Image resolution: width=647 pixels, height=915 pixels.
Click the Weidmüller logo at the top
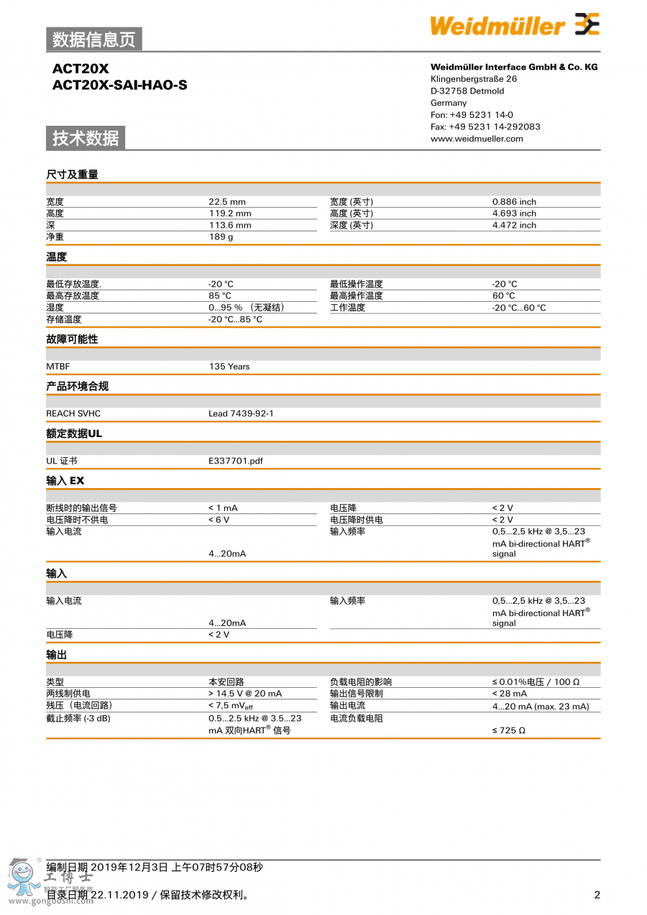pyautogui.click(x=514, y=25)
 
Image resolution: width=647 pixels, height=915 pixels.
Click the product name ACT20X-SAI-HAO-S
pyautogui.click(x=119, y=85)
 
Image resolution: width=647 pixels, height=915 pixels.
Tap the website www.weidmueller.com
pyautogui.click(x=477, y=139)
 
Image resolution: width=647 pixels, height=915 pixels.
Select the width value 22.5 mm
pyautogui.click(x=227, y=202)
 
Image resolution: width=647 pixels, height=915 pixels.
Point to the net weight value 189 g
pyautogui.click(x=221, y=237)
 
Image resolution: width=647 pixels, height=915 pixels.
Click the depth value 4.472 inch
pyautogui.click(x=514, y=226)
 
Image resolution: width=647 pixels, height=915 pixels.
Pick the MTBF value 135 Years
pyautogui.click(x=229, y=367)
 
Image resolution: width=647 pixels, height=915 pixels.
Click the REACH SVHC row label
pyautogui.click(x=73, y=414)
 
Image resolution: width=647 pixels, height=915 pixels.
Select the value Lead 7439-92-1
pyautogui.click(x=241, y=414)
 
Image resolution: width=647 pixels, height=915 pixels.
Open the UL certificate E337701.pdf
pyautogui.click(x=236, y=461)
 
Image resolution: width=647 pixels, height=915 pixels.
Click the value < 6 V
pyautogui.click(x=219, y=520)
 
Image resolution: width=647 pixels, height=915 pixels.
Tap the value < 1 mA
pyautogui.click(x=223, y=508)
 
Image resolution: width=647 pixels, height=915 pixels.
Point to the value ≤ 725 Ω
pyautogui.click(x=508, y=730)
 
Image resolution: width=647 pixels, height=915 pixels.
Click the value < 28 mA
pyautogui.click(x=510, y=694)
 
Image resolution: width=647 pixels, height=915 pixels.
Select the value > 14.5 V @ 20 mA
pyautogui.click(x=245, y=694)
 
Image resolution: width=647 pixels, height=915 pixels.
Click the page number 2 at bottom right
pyautogui.click(x=597, y=895)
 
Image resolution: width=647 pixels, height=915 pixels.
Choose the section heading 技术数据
pyautogui.click(x=86, y=138)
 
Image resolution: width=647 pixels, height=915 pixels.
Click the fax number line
pyautogui.click(x=485, y=127)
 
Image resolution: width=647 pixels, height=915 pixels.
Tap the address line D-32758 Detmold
pyautogui.click(x=467, y=91)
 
